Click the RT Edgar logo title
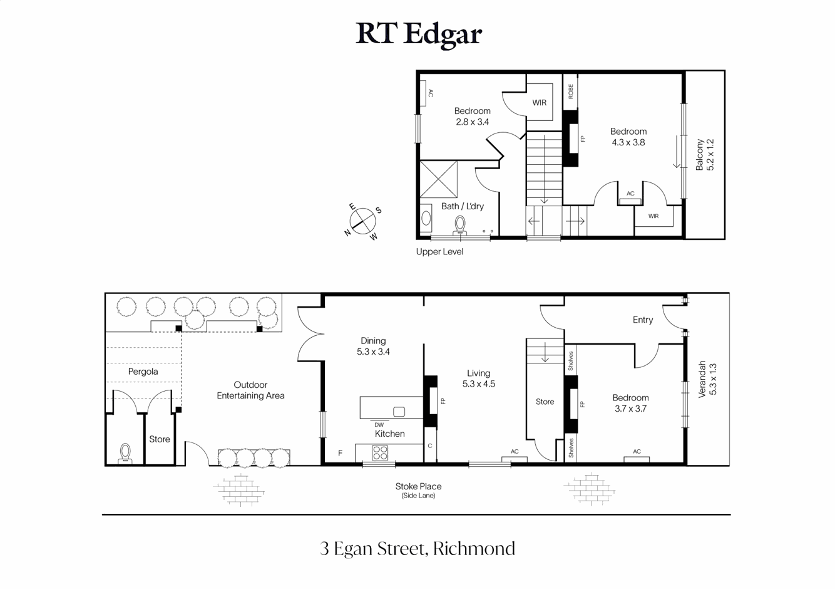(418, 34)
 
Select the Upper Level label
(439, 252)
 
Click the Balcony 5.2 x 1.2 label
(705, 155)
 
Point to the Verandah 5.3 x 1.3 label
(707, 379)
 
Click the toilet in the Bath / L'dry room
(460, 224)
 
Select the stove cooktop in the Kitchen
(380, 452)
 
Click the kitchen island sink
(399, 412)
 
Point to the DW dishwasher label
(379, 425)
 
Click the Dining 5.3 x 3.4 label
(373, 347)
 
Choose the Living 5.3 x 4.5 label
(478, 378)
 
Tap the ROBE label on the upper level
(570, 91)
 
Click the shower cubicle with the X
(438, 179)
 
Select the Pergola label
(143, 372)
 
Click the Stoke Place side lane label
(418, 490)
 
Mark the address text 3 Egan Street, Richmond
(417, 549)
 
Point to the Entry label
(642, 320)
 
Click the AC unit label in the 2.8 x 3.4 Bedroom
(431, 93)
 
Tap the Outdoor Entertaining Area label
(250, 390)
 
